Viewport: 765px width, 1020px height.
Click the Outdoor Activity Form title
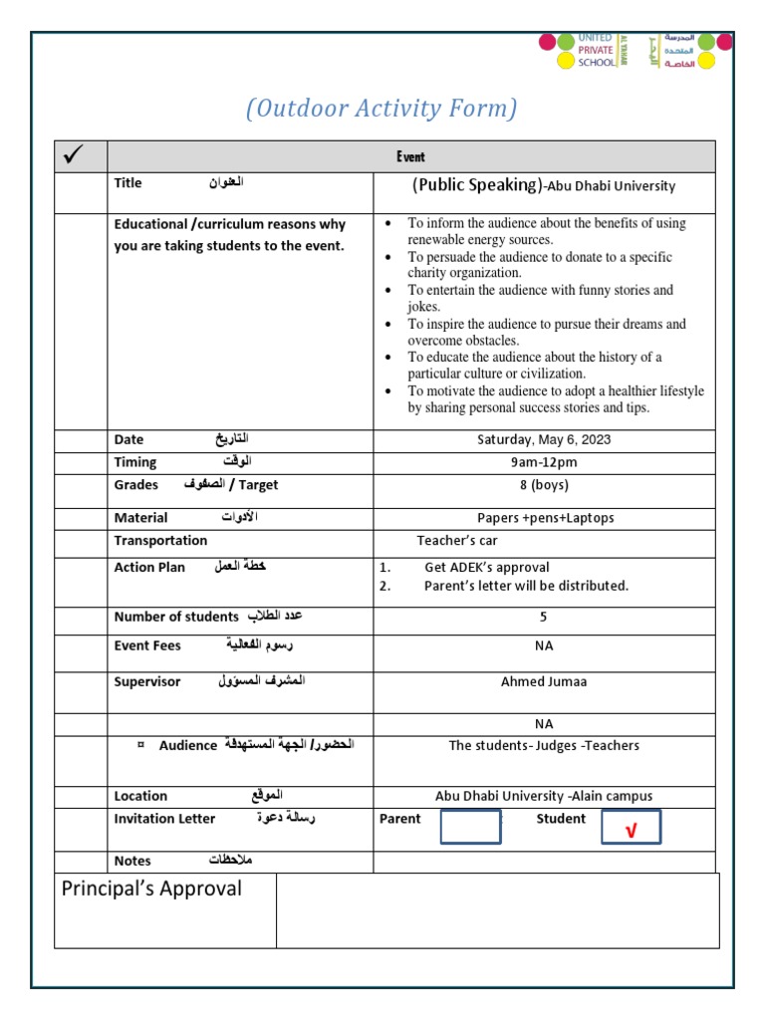click(382, 109)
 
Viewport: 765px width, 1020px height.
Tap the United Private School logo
click(635, 50)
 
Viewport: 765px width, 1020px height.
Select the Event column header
click(409, 156)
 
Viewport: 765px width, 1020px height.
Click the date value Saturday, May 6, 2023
click(543, 439)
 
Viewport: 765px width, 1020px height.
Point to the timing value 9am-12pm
click(543, 462)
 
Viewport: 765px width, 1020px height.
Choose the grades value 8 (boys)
click(543, 485)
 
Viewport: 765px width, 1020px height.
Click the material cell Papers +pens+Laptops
click(545, 518)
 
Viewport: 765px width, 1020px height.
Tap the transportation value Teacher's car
click(456, 541)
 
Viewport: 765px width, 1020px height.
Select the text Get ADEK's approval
click(486, 568)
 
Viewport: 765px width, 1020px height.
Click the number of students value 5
click(543, 618)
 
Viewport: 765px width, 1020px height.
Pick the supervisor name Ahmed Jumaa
click(543, 682)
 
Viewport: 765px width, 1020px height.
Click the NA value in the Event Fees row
click(543, 645)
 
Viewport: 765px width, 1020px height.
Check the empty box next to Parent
click(469, 827)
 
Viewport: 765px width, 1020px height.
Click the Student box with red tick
click(631, 828)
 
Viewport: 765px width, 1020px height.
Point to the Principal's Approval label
click(151, 889)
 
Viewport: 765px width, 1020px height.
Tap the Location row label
click(140, 796)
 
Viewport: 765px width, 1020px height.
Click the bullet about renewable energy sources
click(546, 231)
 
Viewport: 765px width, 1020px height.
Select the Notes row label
click(132, 861)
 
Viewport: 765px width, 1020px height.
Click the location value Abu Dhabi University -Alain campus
click(544, 796)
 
